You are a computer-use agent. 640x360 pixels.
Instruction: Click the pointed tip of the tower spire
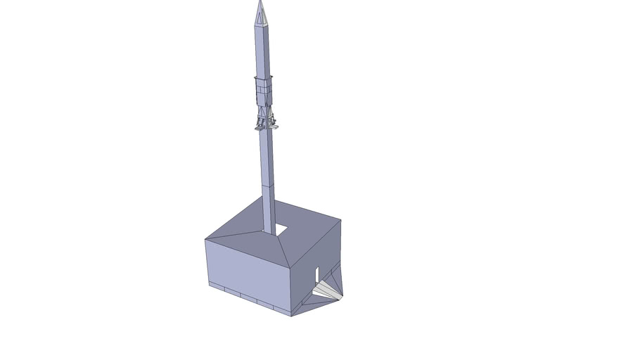[x=260, y=2]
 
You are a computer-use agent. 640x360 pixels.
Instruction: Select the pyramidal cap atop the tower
[x=260, y=14]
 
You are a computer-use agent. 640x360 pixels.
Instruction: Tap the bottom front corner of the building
[x=292, y=314]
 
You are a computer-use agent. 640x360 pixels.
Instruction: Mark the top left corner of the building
[x=205, y=240]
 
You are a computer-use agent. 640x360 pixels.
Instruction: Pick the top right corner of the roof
[x=341, y=220]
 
